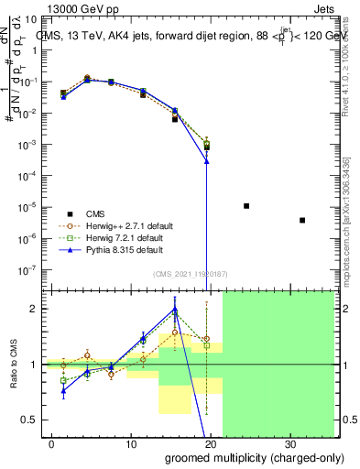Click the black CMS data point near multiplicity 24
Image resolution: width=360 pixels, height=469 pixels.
coord(246,206)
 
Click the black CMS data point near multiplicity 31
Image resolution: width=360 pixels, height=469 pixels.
coord(302,220)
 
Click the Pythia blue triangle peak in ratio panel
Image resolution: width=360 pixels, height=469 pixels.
coord(174,309)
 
